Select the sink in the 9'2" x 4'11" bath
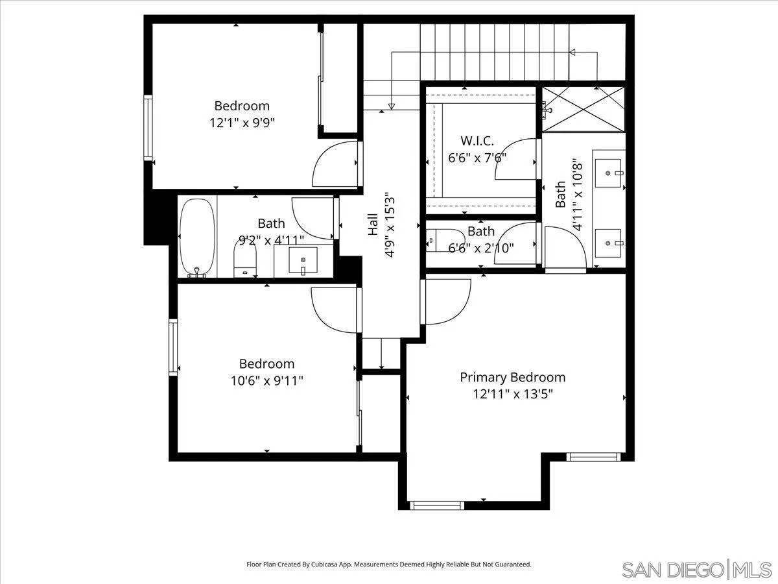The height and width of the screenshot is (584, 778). (x=303, y=262)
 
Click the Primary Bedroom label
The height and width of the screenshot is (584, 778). (x=512, y=377)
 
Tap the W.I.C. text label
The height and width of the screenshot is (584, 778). (x=477, y=140)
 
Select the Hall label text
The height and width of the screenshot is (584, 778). (x=373, y=225)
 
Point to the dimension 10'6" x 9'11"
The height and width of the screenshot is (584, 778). (x=266, y=380)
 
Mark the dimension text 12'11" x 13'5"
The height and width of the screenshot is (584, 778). (x=512, y=393)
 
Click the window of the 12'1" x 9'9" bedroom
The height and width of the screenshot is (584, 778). (x=148, y=128)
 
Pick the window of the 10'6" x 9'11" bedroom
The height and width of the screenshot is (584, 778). (x=173, y=347)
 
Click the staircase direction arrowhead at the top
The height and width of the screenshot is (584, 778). (x=572, y=53)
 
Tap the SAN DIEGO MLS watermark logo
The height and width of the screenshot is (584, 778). (x=696, y=570)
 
